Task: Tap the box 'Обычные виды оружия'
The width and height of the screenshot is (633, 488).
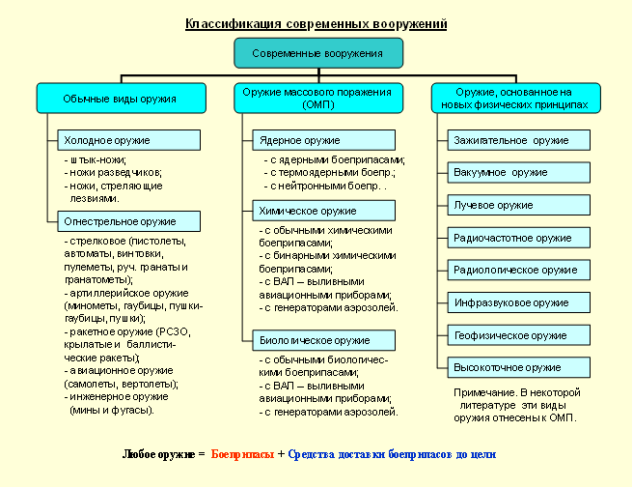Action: tap(120, 99)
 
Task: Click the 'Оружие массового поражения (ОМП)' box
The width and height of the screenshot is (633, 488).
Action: tap(317, 98)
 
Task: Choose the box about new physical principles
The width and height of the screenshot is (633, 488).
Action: tap(514, 98)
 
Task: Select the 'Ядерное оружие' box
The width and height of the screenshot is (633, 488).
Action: tap(324, 140)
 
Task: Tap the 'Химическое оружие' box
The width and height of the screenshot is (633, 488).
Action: tap(324, 210)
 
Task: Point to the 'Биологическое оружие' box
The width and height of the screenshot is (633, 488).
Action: tap(324, 340)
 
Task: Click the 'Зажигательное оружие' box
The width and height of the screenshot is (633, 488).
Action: tap(518, 140)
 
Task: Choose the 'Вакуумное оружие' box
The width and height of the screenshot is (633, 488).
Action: tap(518, 173)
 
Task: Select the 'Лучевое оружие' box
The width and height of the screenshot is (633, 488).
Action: tap(518, 205)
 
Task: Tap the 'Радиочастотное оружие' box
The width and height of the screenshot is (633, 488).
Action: tap(518, 238)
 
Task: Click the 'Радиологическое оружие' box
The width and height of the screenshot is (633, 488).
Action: tap(518, 271)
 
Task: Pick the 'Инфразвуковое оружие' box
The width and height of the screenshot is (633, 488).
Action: tap(518, 302)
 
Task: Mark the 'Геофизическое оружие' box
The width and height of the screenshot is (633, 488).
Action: tap(518, 335)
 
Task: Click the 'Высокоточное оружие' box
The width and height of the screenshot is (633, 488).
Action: tap(518, 367)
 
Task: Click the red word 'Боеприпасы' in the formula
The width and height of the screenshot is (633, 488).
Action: tap(242, 453)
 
